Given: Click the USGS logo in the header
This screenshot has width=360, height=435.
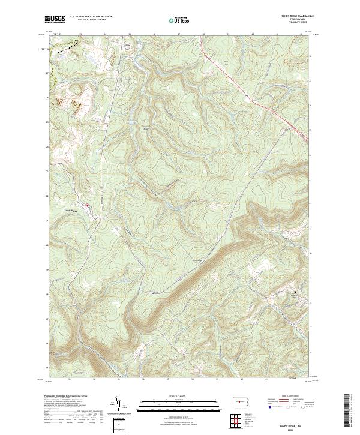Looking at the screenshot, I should coord(54,20).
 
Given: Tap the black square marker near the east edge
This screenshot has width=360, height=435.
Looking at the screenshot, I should coord(295,292).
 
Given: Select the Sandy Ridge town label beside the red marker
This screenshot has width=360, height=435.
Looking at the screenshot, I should coord(71,211).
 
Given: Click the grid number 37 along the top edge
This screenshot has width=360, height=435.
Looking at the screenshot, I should coord(179,34).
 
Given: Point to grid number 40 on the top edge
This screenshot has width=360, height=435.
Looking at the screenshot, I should coord(253,34).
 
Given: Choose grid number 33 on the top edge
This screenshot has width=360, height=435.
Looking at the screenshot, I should coord(80,34).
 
